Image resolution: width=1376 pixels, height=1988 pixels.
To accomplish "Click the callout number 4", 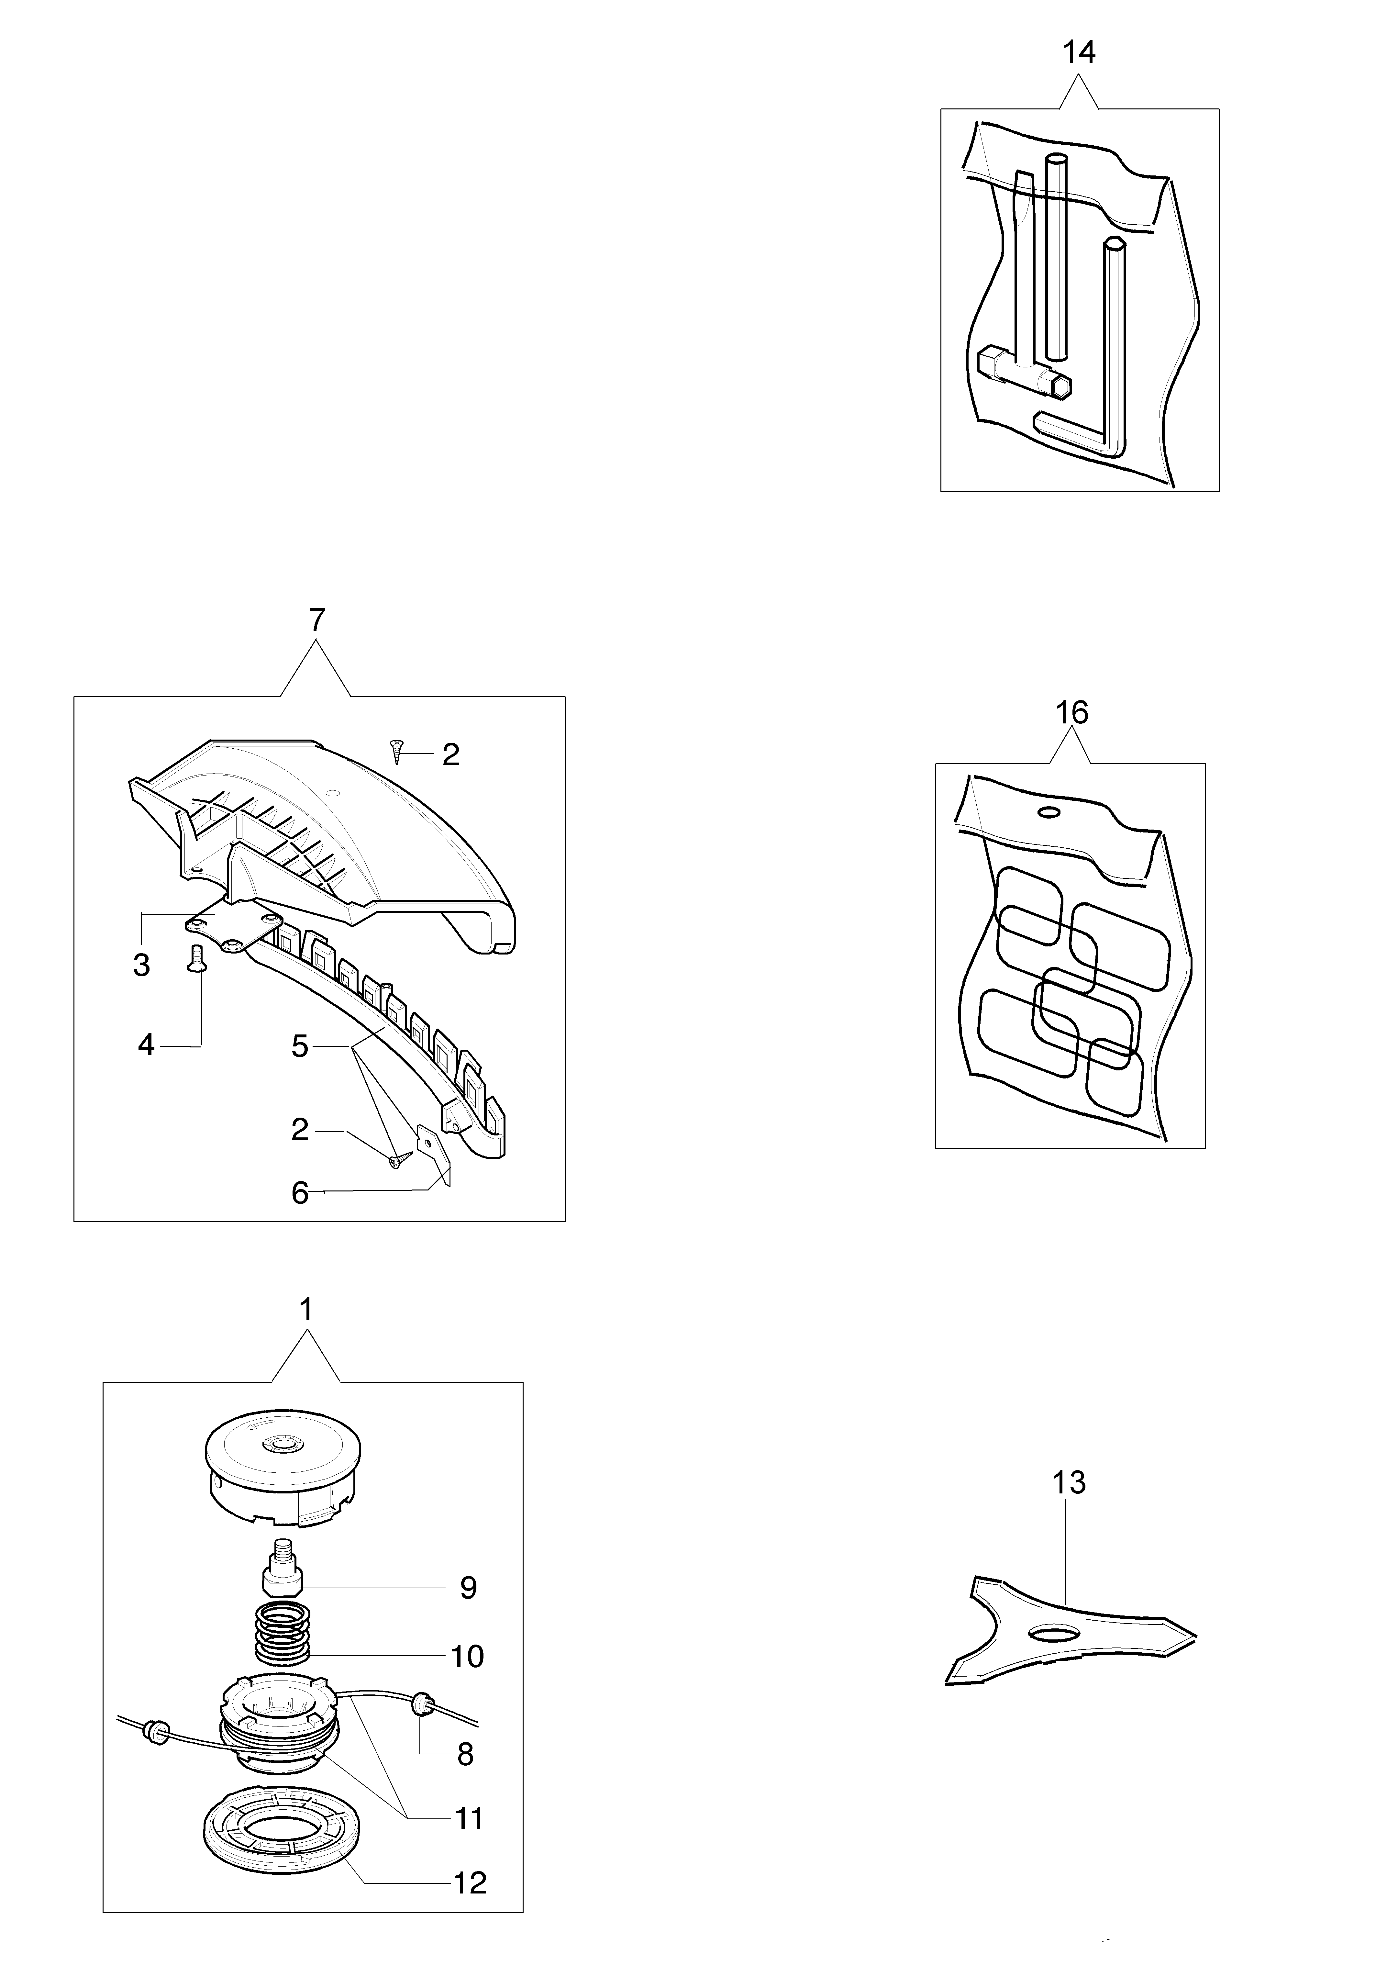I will point(146,1046).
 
